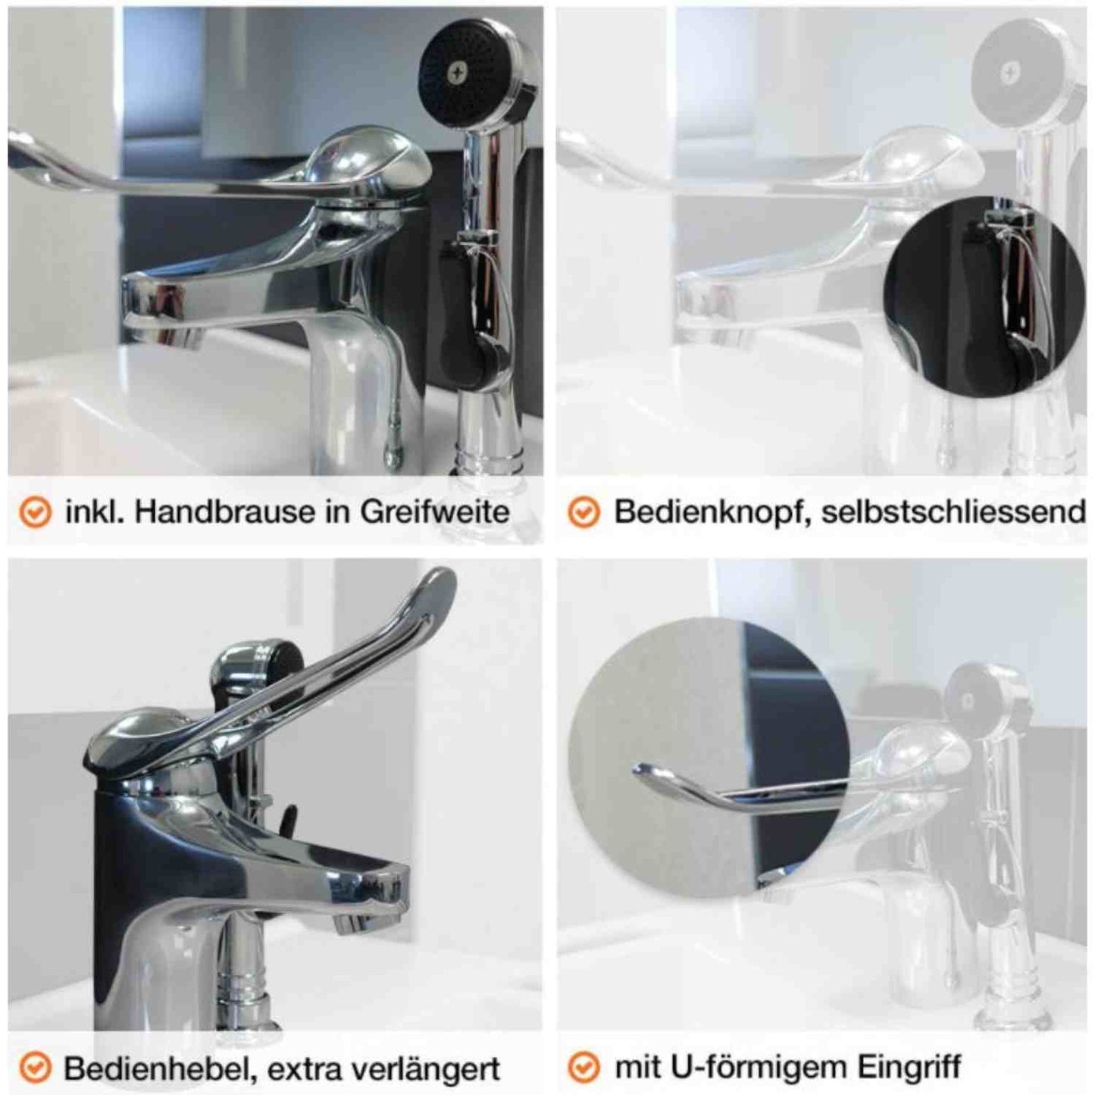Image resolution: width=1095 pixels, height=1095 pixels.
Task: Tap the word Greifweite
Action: coord(434,513)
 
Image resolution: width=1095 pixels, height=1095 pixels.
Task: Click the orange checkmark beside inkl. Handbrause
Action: coord(35,513)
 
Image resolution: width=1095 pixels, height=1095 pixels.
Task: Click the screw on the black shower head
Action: coord(455,71)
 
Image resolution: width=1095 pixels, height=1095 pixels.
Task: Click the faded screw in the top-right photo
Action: coord(1008,72)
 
